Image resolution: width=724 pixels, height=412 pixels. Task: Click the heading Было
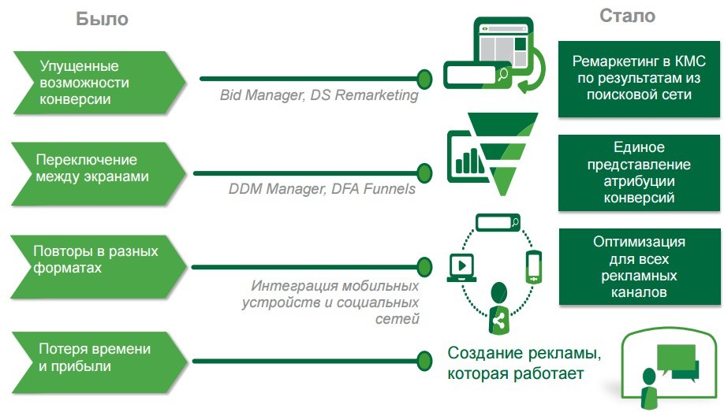click(x=102, y=20)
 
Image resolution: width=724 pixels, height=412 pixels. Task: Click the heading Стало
click(x=627, y=16)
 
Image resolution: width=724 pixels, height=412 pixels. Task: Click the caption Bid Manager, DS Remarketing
click(x=319, y=96)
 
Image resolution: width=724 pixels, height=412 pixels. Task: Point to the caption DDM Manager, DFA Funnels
click(x=322, y=189)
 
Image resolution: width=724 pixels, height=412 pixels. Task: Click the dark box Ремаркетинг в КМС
click(x=639, y=77)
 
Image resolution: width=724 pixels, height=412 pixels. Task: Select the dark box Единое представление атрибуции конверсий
click(x=639, y=173)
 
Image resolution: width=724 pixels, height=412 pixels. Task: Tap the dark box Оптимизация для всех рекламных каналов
click(x=639, y=267)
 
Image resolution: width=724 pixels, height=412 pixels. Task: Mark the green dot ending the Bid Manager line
click(x=424, y=78)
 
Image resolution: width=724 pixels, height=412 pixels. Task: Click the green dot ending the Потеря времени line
click(x=424, y=361)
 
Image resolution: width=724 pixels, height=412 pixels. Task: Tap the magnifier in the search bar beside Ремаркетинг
click(x=502, y=75)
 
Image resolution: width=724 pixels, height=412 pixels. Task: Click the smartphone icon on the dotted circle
click(x=534, y=267)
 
